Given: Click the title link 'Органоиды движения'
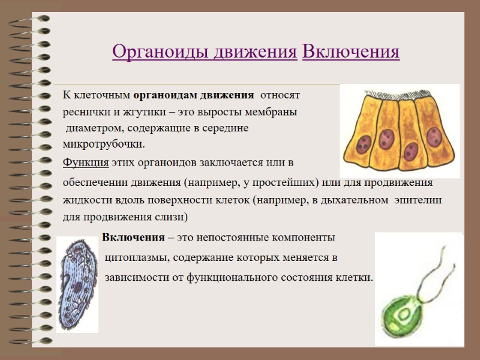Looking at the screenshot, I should (205, 52).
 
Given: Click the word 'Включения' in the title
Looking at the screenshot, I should (351, 52).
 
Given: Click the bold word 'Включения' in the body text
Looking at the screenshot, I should (133, 238).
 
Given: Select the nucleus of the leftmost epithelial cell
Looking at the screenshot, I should (362, 144).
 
